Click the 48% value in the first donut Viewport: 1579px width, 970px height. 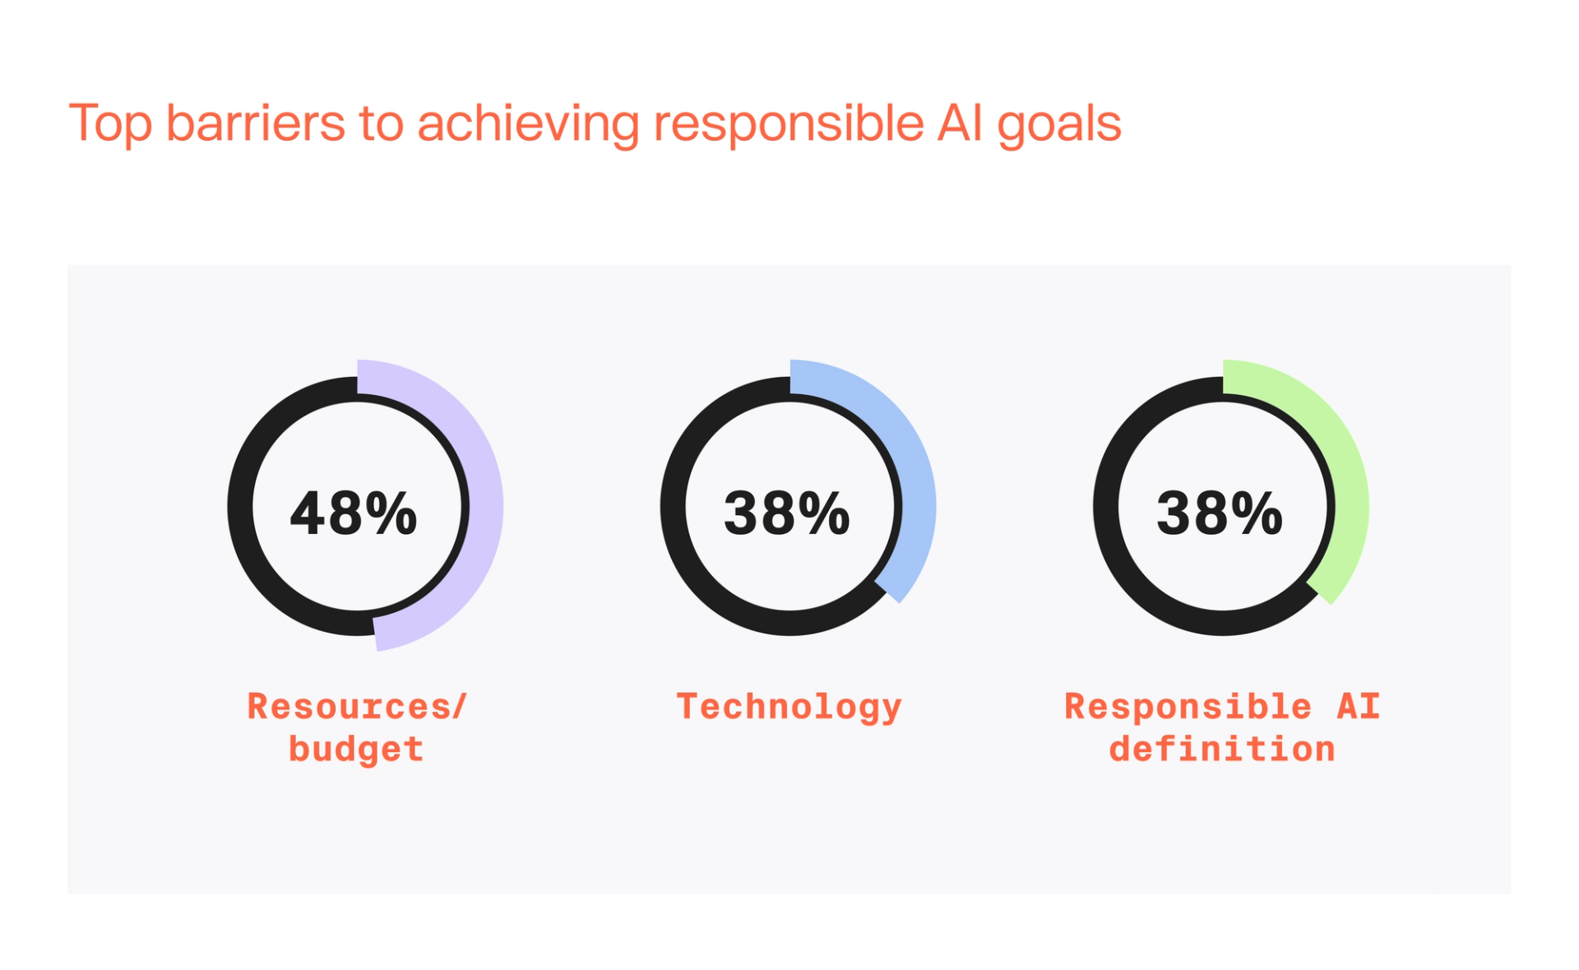[x=354, y=513]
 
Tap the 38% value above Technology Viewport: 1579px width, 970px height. [x=786, y=513]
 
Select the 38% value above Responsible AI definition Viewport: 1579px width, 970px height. [x=1220, y=513]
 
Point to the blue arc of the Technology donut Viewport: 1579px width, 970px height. [x=917, y=494]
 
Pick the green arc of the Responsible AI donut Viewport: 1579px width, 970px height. [x=1350, y=494]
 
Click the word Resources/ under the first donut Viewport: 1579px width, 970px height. [x=357, y=706]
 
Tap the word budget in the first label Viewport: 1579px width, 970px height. [x=356, y=749]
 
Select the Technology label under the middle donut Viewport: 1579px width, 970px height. [x=789, y=707]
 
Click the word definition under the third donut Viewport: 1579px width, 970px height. [x=1222, y=749]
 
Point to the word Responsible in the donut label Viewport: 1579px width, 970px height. [x=1188, y=706]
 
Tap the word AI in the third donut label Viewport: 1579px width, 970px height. [x=1358, y=706]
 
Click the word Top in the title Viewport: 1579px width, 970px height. [x=110, y=124]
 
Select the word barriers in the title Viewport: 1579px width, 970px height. [x=256, y=123]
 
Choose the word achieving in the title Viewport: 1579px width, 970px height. [x=528, y=124]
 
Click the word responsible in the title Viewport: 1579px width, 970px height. [x=789, y=124]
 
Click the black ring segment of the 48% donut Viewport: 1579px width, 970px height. [x=241, y=506]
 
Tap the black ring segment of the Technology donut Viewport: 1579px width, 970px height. [x=674, y=506]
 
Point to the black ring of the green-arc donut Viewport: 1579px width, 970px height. [x=1106, y=506]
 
